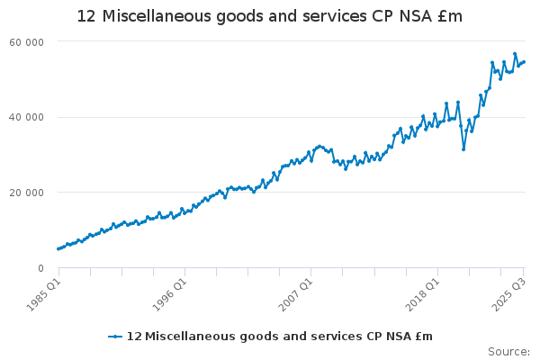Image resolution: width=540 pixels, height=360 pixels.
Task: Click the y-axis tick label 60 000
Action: point(28,42)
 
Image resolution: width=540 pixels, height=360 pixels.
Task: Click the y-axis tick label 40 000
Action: point(28,117)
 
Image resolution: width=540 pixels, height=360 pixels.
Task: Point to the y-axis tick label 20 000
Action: point(28,193)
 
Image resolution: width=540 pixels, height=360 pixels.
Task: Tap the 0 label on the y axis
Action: point(40,268)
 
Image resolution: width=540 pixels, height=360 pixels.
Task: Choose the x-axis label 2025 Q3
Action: point(507,293)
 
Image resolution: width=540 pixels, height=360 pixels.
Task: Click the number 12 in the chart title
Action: point(87,17)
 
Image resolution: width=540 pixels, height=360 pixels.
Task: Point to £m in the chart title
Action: point(448,17)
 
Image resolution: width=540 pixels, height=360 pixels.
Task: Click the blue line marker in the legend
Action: point(115,337)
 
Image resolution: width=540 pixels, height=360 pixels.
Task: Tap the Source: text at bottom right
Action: point(508,351)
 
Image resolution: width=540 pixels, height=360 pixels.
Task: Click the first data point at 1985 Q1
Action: point(58,249)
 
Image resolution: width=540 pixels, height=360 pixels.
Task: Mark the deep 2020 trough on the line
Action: point(463,149)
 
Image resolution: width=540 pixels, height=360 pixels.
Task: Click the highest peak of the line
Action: point(515,54)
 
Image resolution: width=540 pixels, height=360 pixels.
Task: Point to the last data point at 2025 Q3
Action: point(525,62)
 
